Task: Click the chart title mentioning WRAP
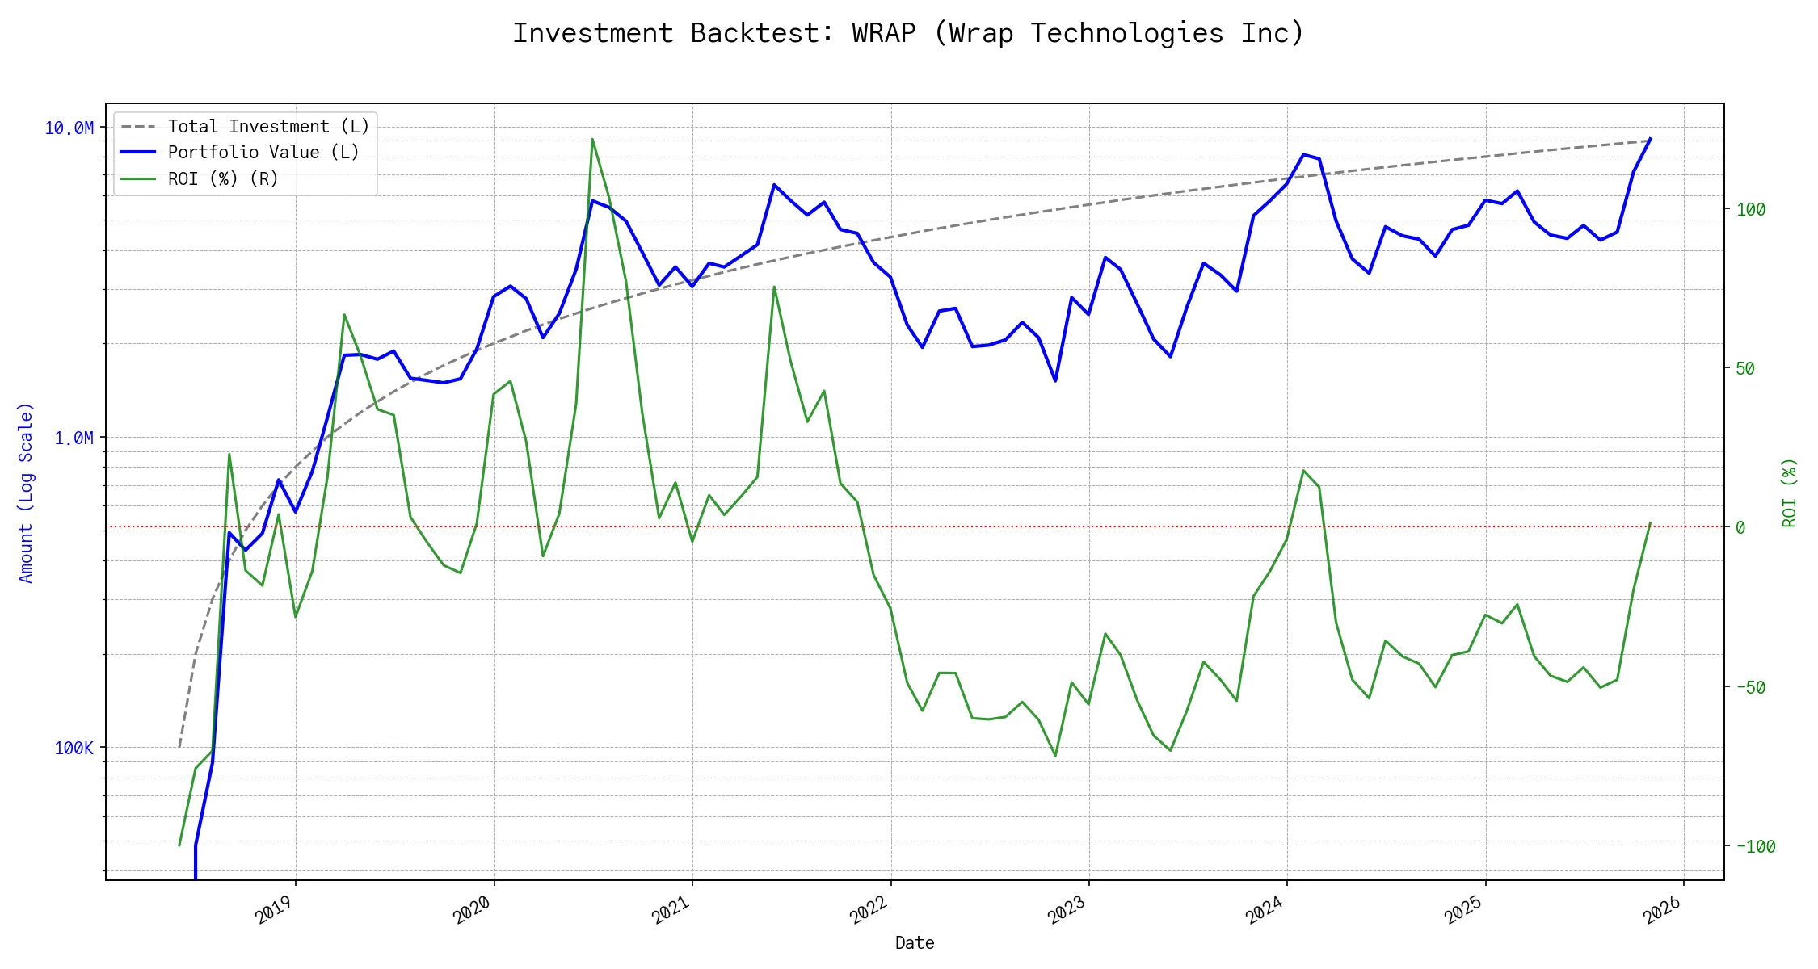908,34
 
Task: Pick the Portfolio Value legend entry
263,153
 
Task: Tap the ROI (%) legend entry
223,179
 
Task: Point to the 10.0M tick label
69,128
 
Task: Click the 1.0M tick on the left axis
74,438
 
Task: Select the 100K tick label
74,749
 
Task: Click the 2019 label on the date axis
276,910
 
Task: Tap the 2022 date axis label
870,910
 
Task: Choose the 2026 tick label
1664,910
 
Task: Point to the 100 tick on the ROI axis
1751,210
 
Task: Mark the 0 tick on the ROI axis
1740,528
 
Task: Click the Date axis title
915,943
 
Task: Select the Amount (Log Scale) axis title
26,493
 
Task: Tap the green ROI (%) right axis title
1790,493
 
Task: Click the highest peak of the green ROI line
592,139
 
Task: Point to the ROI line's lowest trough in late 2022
1055,756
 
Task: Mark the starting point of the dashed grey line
179,747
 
